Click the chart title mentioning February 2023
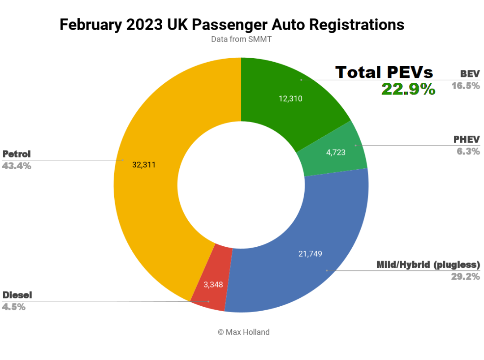click(x=232, y=25)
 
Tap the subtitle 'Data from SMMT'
click(x=241, y=39)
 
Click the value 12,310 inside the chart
click(x=290, y=99)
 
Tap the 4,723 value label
click(x=336, y=152)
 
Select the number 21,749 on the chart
click(x=310, y=254)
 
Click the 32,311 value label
click(x=144, y=165)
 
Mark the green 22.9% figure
click(x=408, y=89)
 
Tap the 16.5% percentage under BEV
click(x=466, y=86)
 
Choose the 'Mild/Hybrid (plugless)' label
click(x=428, y=264)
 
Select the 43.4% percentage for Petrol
click(x=17, y=166)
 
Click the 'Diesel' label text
click(x=17, y=295)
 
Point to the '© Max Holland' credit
click(x=244, y=332)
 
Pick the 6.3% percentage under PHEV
click(x=468, y=151)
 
